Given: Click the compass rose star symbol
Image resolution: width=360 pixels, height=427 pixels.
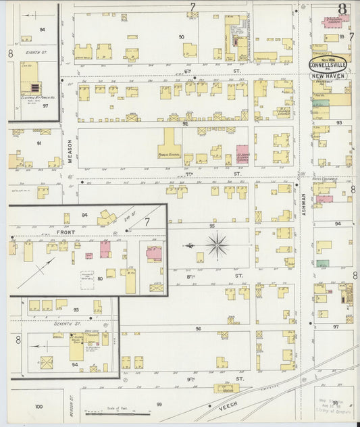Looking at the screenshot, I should (217, 245).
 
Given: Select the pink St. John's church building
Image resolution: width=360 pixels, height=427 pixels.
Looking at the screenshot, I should (242, 153).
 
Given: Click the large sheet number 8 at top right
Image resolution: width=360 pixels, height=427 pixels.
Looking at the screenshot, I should (342, 9).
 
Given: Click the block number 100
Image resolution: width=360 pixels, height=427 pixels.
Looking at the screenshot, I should (38, 407).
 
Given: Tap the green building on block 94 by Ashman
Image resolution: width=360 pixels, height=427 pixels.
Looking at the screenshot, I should (323, 263).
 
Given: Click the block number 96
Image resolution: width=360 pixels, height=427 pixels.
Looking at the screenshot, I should (199, 329).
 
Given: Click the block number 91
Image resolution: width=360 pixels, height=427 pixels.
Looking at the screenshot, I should (38, 143).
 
